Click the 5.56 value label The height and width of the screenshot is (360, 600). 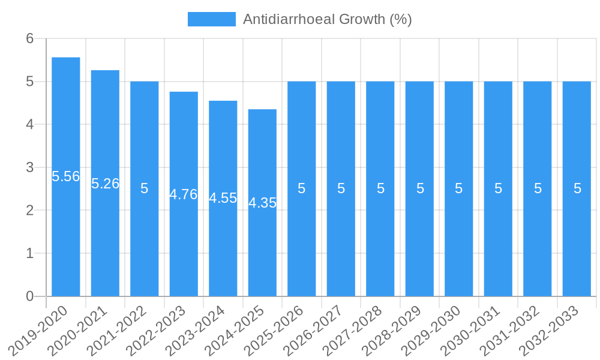pos(66,176)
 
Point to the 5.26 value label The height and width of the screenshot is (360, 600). pos(105,184)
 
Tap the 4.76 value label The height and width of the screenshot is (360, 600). pos(184,194)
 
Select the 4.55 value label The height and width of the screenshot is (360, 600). pos(223,199)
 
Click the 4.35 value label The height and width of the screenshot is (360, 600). pos(262,203)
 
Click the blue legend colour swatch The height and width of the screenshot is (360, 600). pos(211,19)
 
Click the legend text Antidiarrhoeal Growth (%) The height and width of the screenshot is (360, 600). pos(327,19)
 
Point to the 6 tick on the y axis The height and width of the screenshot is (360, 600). pos(29,38)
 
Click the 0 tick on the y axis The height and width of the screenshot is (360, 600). pos(29,296)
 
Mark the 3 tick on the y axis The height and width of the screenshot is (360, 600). pos(29,167)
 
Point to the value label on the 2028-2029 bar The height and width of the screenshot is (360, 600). pos(420,188)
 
